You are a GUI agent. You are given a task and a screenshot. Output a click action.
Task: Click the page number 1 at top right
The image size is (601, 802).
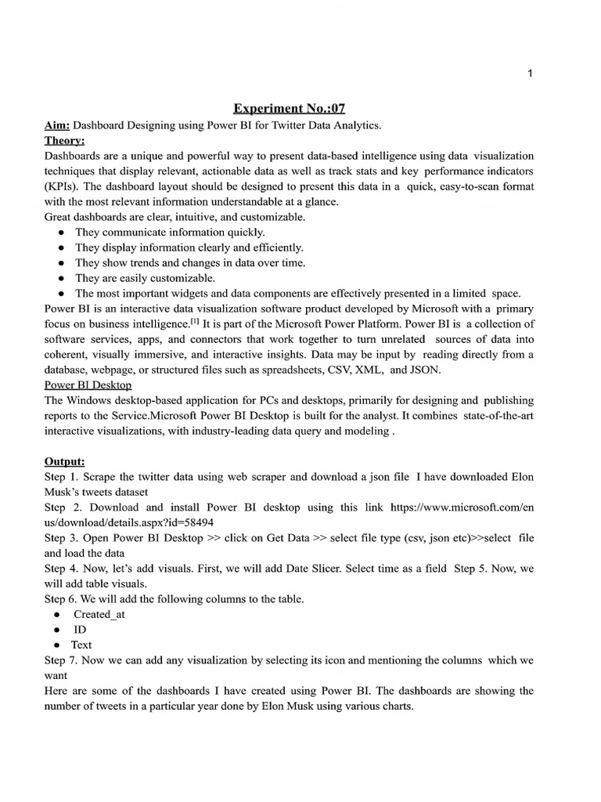coord(531,74)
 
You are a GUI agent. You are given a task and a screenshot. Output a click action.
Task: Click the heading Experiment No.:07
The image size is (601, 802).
coord(288,109)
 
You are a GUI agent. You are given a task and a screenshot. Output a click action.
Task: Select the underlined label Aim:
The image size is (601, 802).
coord(58,125)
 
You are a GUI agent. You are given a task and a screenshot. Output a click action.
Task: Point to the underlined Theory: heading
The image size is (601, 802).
coord(65,140)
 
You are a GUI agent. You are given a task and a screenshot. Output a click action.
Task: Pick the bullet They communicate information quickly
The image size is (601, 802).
coord(170,232)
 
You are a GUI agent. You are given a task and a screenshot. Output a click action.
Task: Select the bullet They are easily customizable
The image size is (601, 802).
coord(145,278)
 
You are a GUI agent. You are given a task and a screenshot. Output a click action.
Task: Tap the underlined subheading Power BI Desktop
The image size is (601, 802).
coord(88,385)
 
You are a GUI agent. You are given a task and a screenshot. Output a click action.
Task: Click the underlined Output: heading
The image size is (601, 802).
coord(65,461)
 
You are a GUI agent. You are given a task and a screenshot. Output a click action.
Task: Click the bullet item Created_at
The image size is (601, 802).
coord(99,614)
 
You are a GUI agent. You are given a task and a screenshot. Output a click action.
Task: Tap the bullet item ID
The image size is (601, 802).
coord(81,630)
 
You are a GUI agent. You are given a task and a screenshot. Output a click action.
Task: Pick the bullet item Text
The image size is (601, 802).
coord(82,645)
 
